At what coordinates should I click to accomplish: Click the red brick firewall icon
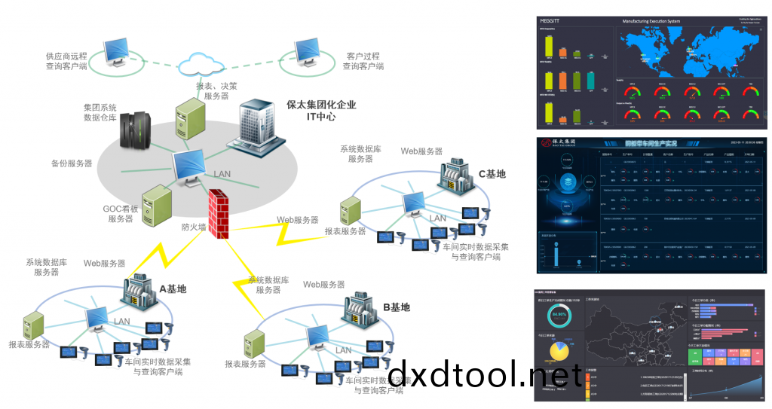pyautogui.click(x=219, y=214)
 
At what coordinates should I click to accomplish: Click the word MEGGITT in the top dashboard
pyautogui.click(x=550, y=21)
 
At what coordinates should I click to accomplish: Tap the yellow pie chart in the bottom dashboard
pyautogui.click(x=559, y=351)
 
